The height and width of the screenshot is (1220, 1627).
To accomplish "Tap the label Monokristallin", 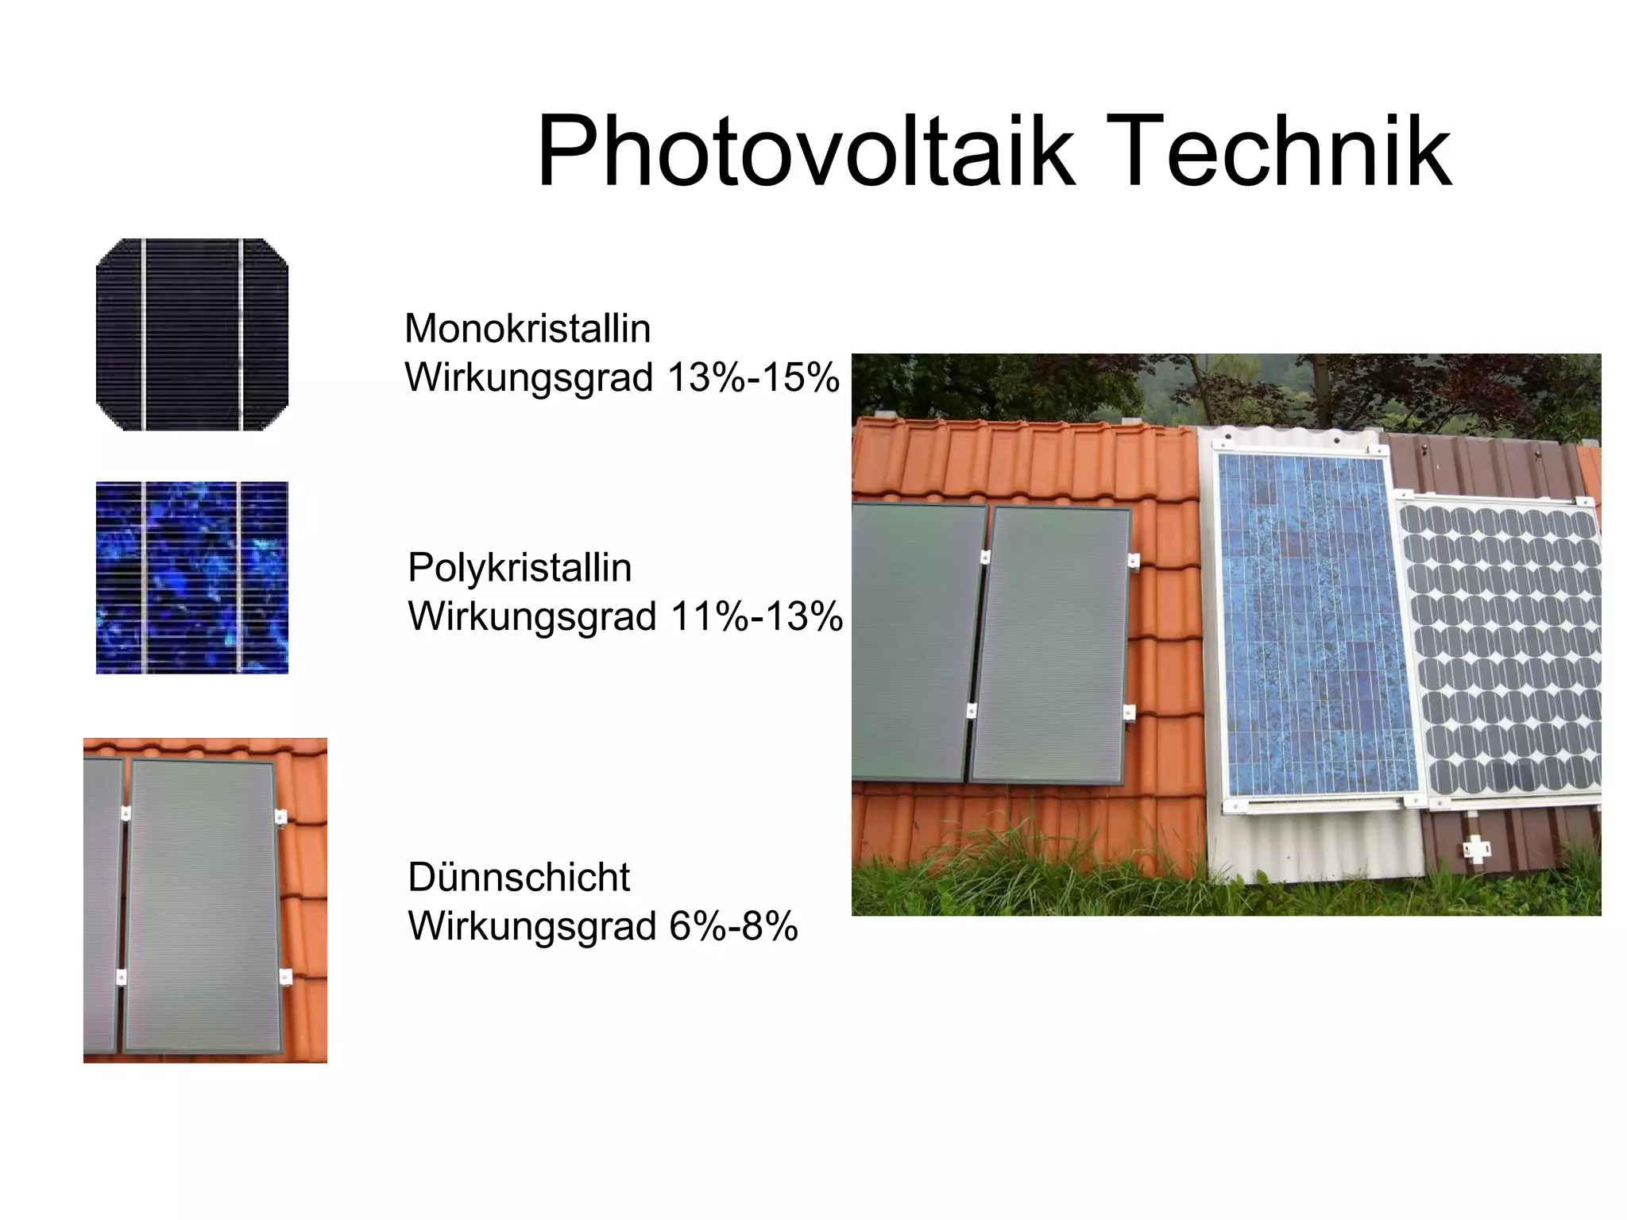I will (x=528, y=329).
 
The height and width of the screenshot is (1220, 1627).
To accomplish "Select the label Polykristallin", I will (x=520, y=568).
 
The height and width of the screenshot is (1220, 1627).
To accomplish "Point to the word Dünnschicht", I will (x=519, y=878).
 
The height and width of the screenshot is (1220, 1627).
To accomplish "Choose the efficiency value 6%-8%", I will (x=733, y=926).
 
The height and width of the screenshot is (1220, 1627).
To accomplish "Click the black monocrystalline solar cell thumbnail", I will (x=192, y=334).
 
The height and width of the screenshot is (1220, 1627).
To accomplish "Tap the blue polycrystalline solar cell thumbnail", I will (x=192, y=577).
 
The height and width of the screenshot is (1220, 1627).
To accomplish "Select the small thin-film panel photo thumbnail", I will (x=205, y=900).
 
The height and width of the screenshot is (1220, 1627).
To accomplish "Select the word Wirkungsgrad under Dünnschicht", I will (x=531, y=926).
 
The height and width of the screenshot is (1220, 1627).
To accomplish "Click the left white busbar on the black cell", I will (x=144, y=334).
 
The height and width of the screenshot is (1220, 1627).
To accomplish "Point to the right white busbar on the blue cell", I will (x=240, y=577).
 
